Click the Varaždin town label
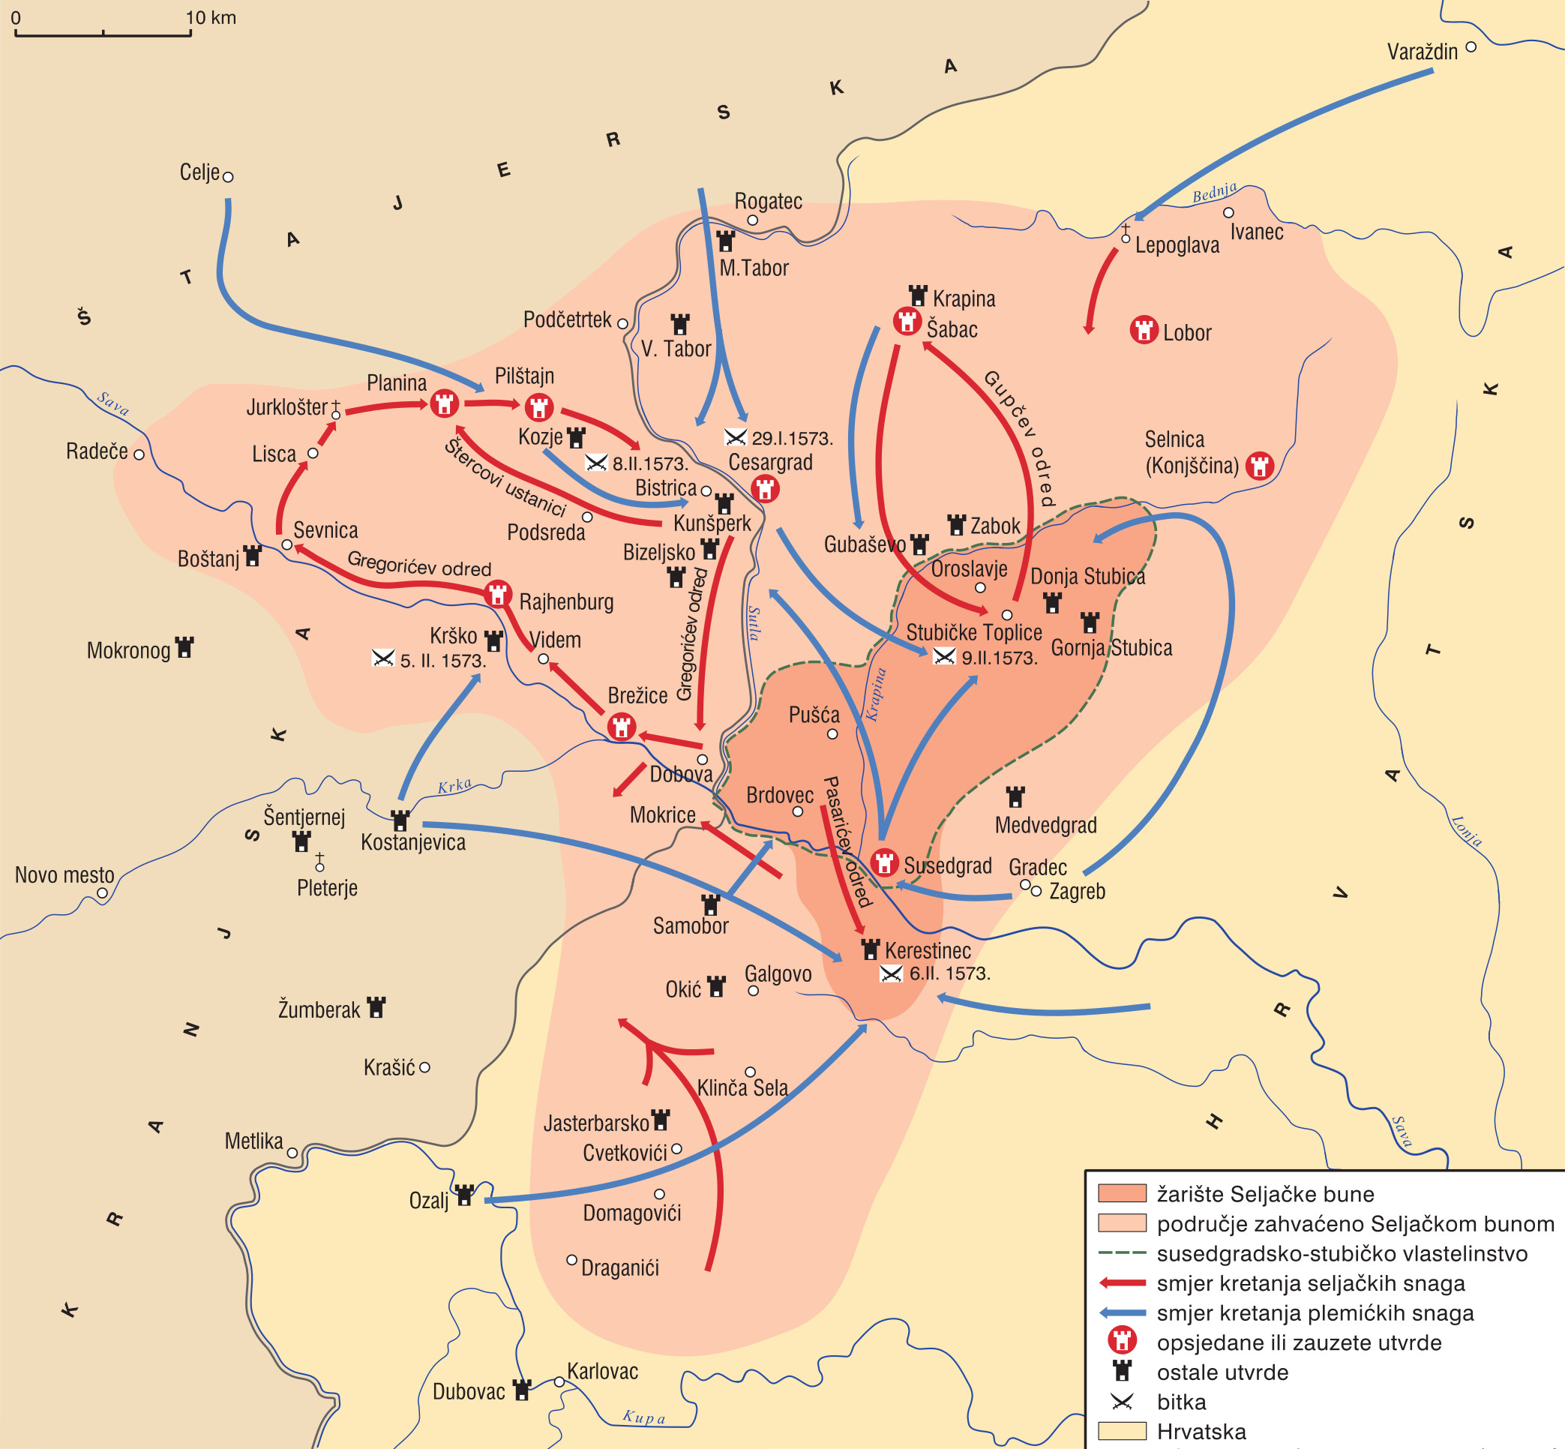1423,52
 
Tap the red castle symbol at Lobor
1144,330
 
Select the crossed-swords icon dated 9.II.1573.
944,656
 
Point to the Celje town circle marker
228,177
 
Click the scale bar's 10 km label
210,17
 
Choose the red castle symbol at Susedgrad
884,862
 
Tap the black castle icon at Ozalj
465,1195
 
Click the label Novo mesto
64,875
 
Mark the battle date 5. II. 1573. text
443,661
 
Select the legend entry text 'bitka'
1181,1402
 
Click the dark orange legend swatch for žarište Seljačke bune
1121,1193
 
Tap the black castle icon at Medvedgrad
1015,797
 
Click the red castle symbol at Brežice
622,726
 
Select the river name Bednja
1214,192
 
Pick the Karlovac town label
602,1371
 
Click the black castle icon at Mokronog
185,648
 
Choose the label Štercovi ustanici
505,478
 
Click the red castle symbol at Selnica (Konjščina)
1260,466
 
